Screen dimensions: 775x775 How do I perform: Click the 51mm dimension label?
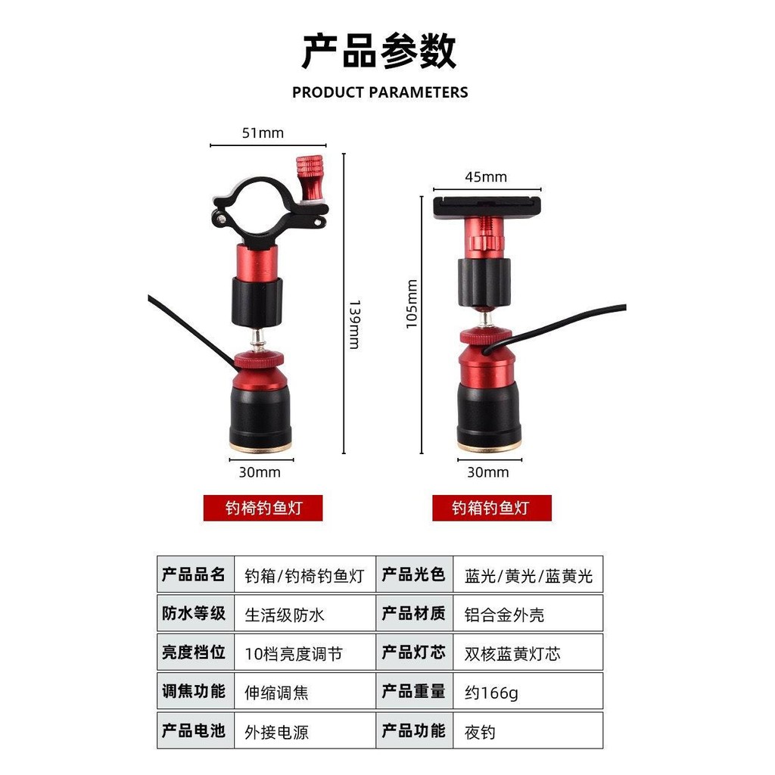[x=263, y=133]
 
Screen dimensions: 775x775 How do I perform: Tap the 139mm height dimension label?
[x=355, y=324]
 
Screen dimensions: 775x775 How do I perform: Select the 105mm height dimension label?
[x=412, y=303]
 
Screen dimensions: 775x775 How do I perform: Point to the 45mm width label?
[x=486, y=177]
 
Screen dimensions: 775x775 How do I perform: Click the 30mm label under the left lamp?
[x=260, y=472]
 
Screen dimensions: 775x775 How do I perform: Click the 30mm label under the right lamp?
[x=488, y=472]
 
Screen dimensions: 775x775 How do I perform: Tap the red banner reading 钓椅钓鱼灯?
[x=263, y=508]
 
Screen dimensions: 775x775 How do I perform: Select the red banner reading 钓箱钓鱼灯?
[x=492, y=508]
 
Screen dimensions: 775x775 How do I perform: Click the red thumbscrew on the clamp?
[x=310, y=178]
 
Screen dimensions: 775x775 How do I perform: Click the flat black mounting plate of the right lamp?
[x=487, y=207]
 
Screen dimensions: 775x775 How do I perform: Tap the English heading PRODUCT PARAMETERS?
[x=380, y=92]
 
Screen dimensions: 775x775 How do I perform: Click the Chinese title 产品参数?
[x=379, y=51]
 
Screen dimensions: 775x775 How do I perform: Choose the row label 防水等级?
[x=195, y=613]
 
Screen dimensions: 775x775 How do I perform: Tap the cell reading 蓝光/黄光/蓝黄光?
[x=528, y=575]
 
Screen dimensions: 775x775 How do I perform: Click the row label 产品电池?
[x=195, y=730]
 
